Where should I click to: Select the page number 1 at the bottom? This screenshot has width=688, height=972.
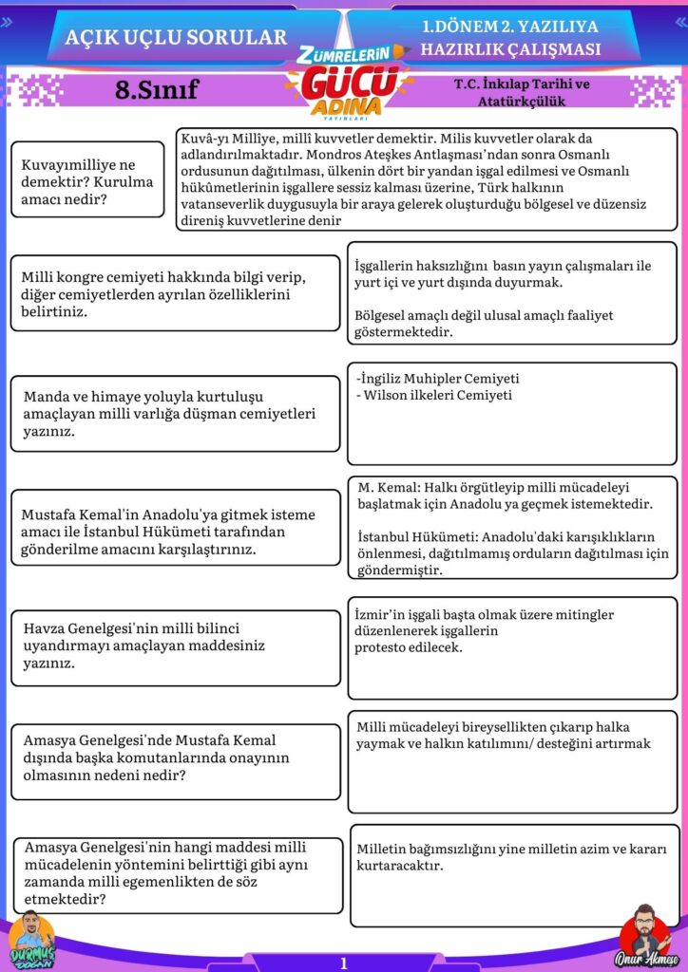(344, 963)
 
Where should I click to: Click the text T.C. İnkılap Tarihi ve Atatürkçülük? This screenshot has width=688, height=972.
(522, 91)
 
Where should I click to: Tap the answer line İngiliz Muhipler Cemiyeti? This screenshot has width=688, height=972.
(439, 378)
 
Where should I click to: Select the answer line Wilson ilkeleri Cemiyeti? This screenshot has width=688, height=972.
(435, 395)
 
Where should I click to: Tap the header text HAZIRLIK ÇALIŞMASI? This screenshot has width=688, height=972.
(511, 49)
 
